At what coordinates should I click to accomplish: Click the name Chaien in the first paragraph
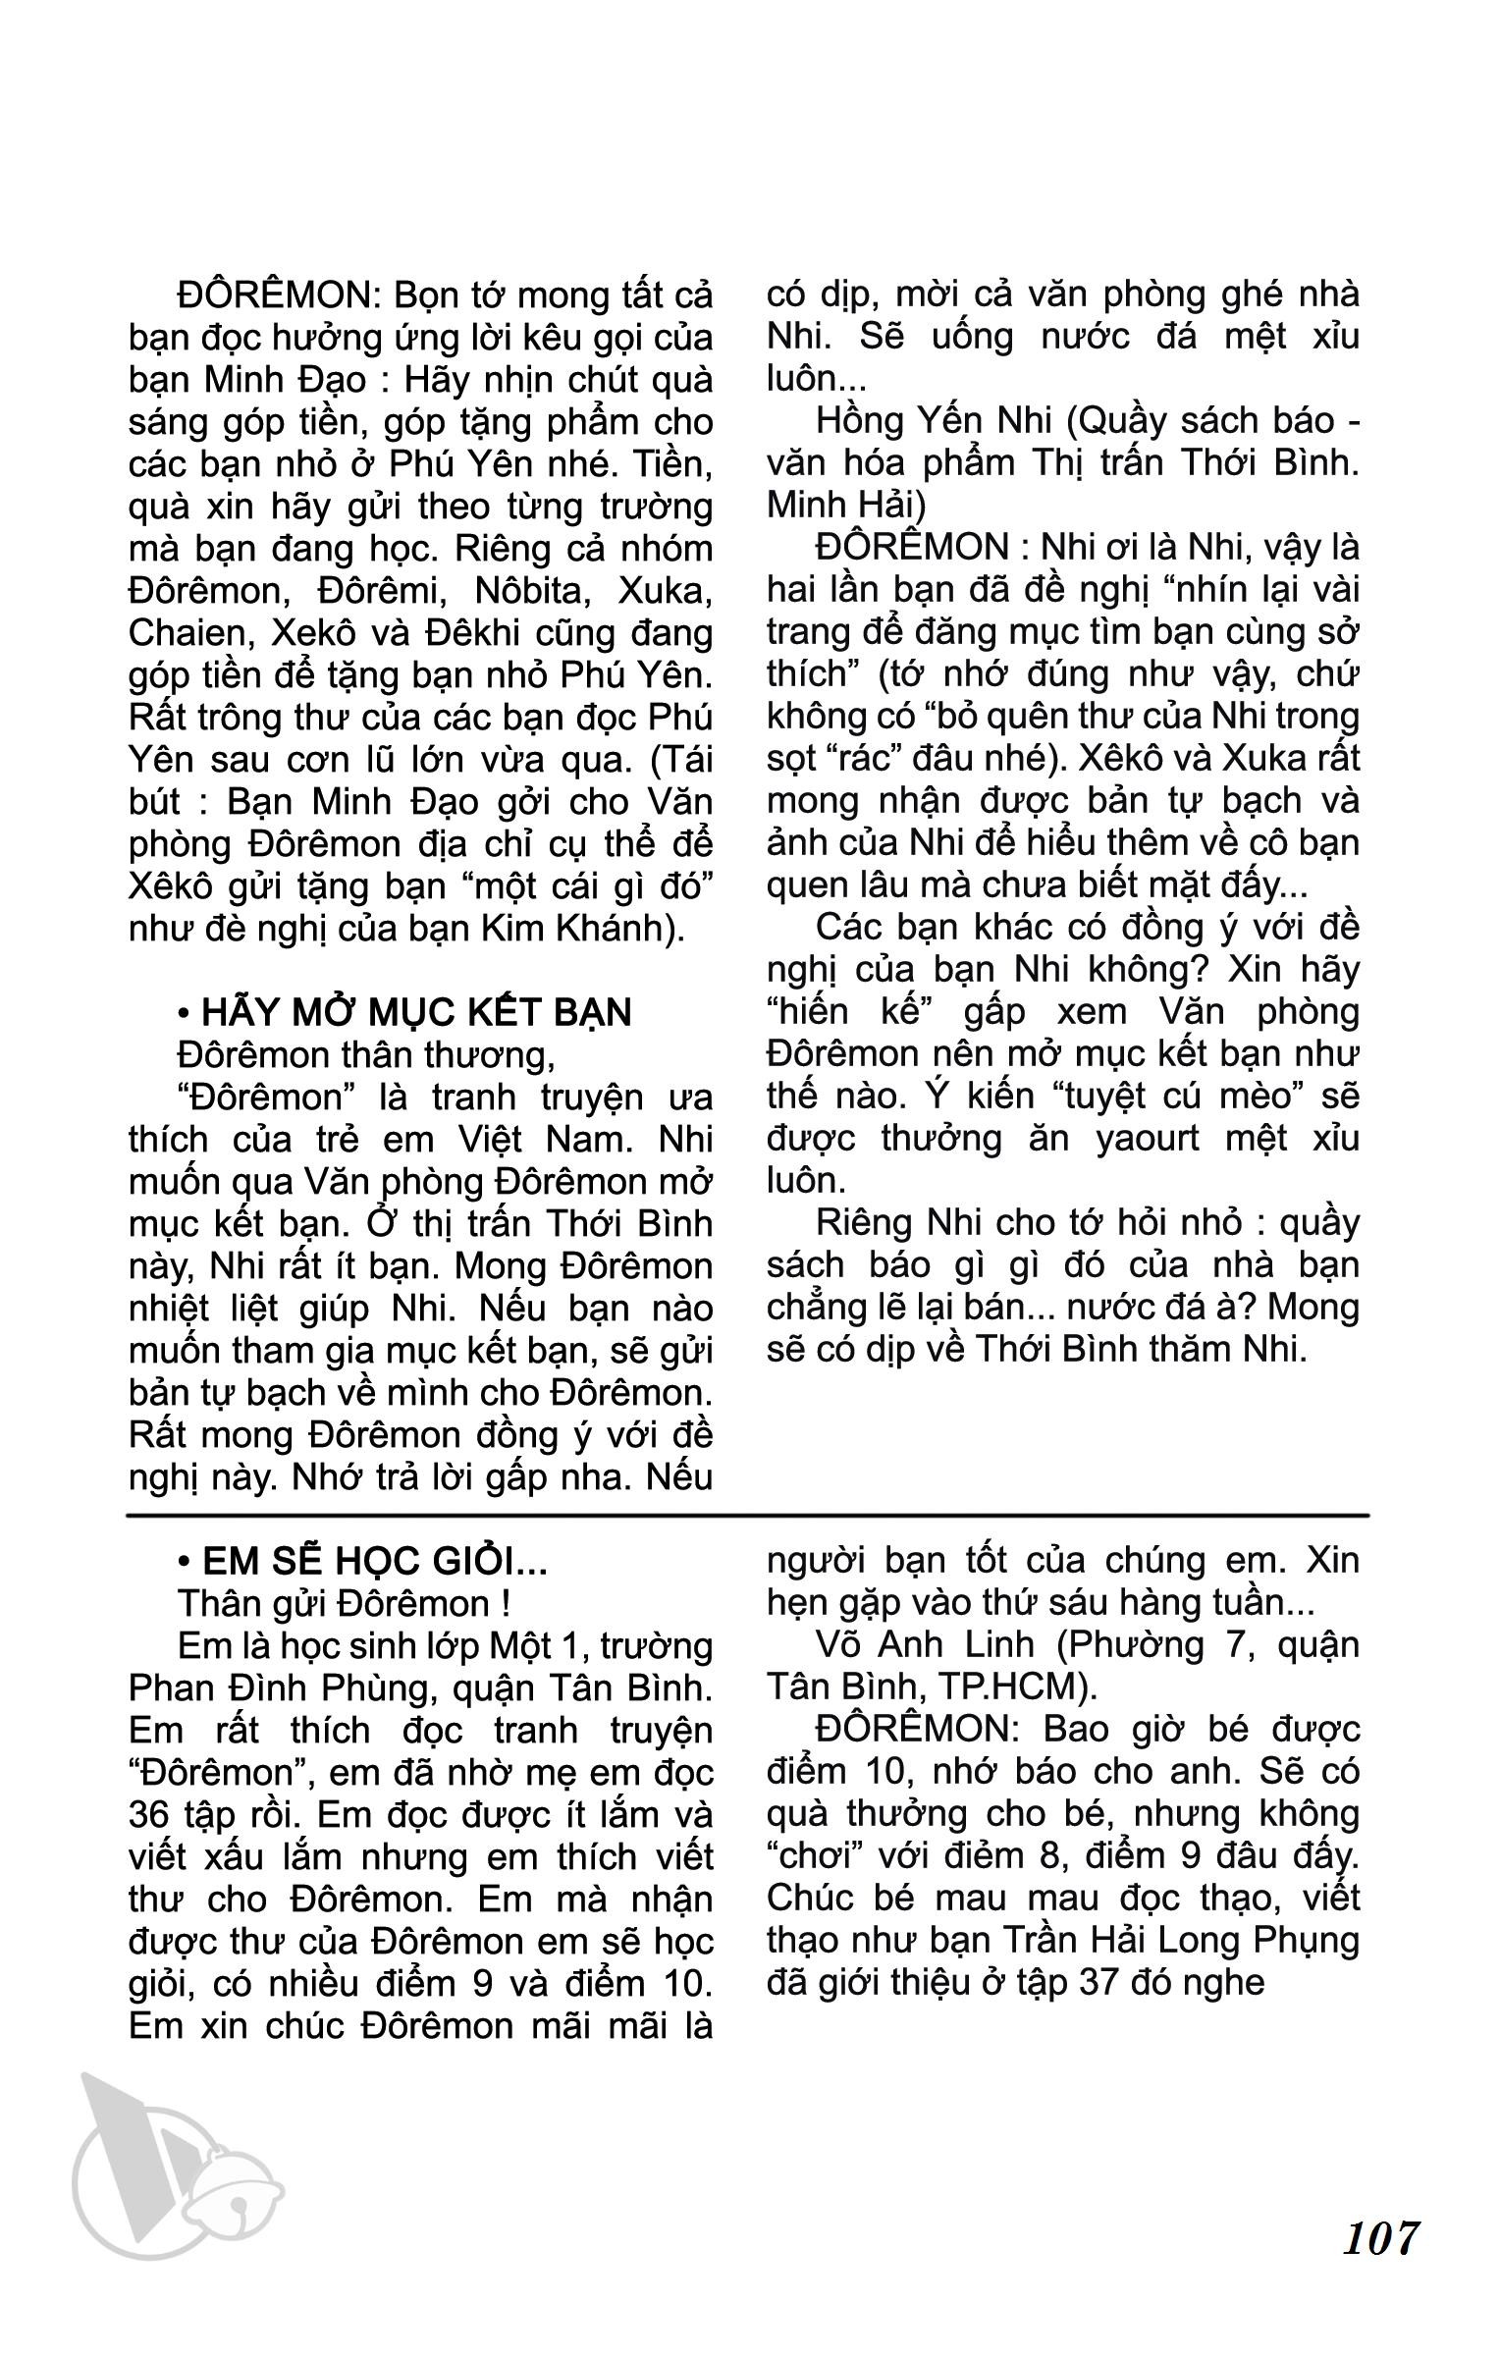click(x=186, y=633)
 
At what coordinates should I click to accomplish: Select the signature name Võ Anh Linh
click(x=922, y=1645)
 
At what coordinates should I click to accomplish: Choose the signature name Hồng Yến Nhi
click(x=922, y=421)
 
